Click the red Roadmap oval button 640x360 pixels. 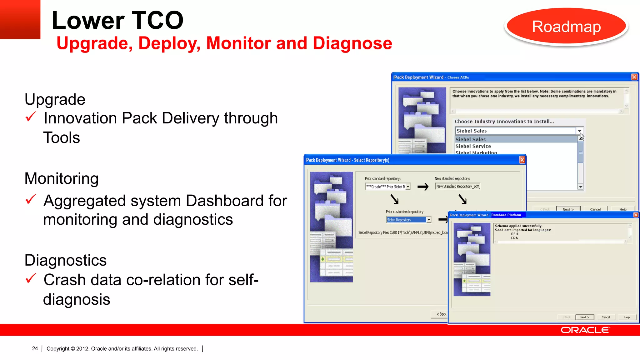pyautogui.click(x=566, y=27)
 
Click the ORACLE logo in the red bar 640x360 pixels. pyautogui.click(x=585, y=330)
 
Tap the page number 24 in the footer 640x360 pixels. pyautogui.click(x=35, y=348)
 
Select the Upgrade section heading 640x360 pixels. pyautogui.click(x=55, y=99)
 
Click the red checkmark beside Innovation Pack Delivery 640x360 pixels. pyautogui.click(x=31, y=117)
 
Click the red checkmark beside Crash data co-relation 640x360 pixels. pyautogui.click(x=31, y=278)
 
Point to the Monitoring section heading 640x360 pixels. pyautogui.click(x=62, y=178)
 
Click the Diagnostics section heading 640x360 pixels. pyautogui.click(x=66, y=260)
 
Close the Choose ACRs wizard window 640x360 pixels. pyautogui.click(x=634, y=77)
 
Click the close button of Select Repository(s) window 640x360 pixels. pyautogui.click(x=522, y=160)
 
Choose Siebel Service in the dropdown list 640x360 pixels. pyautogui.click(x=473, y=146)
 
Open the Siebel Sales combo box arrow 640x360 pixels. pyautogui.click(x=579, y=131)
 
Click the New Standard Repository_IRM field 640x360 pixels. pyautogui.click(x=457, y=187)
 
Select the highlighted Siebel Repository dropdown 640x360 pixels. pyautogui.click(x=409, y=220)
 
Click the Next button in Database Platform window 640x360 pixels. pyautogui.click(x=584, y=317)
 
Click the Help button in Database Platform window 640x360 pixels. pyautogui.click(x=627, y=317)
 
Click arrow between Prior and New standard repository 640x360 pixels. pyautogui.click(x=423, y=187)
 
